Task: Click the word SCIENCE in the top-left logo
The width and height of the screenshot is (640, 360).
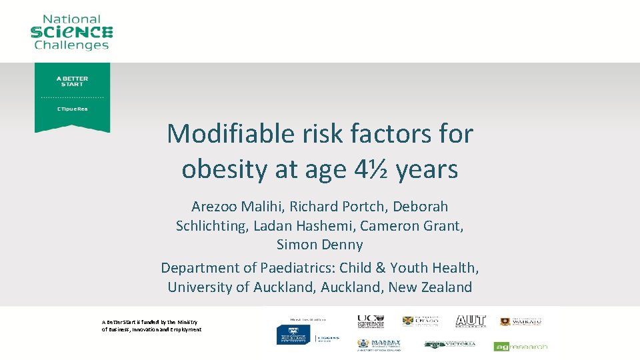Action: (71, 32)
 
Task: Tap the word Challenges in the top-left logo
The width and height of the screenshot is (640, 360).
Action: (71, 45)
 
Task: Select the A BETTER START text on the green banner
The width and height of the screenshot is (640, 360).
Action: (72, 81)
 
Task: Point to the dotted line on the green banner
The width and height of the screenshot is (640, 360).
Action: (72, 97)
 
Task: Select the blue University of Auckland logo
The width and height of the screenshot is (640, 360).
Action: (295, 333)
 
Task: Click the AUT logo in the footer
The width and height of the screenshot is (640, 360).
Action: (470, 321)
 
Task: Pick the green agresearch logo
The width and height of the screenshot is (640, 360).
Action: (521, 346)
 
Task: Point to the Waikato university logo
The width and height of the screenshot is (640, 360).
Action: (521, 321)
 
